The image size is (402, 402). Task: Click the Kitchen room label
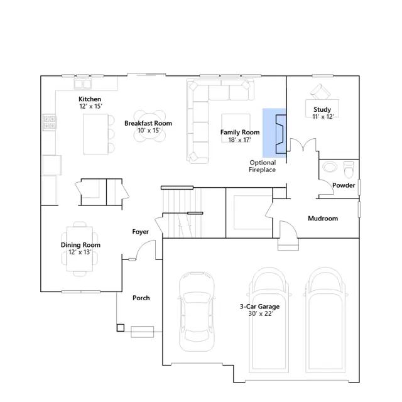coord(90,99)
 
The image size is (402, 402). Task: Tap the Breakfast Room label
coord(148,123)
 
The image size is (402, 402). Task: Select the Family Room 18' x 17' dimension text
coord(240,140)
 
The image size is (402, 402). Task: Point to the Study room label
coord(322,109)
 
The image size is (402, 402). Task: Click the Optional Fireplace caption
coord(263,166)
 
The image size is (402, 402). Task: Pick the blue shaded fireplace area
coord(274,133)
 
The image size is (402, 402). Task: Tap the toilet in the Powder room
coord(349,170)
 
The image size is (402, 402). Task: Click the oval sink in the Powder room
coord(330,166)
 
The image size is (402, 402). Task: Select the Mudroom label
coord(323,219)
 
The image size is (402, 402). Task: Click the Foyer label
coord(141,232)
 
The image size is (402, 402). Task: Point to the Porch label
coord(141,298)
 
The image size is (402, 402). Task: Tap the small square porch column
coord(121,328)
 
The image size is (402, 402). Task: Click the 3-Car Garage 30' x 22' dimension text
coord(260,313)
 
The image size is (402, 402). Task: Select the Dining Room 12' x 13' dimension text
coord(80,252)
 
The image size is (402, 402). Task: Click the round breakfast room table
coord(149,126)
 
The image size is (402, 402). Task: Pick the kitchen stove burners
coord(49,122)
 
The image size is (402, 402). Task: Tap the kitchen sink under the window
coord(82,84)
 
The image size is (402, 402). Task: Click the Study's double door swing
coord(303,144)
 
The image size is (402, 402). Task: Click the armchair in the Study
coord(320,92)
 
